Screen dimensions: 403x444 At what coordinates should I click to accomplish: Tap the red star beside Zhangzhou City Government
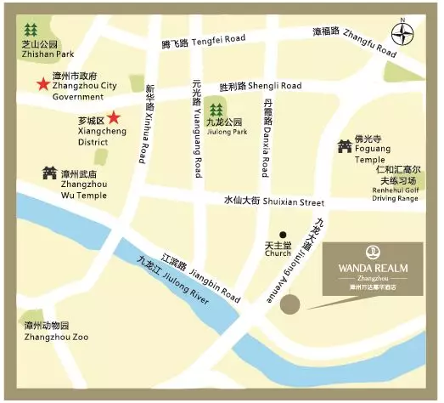pyautogui.click(x=42, y=84)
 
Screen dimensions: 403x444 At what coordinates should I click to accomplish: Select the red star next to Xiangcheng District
pyautogui.click(x=114, y=117)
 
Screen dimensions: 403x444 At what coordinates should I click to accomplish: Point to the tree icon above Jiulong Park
pyautogui.click(x=216, y=109)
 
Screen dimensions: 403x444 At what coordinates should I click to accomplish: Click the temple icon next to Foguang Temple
pyautogui.click(x=345, y=147)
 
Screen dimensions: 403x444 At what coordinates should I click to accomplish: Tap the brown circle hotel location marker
pyautogui.click(x=291, y=304)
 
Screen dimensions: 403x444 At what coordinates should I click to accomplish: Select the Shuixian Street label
pyautogui.click(x=273, y=202)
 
